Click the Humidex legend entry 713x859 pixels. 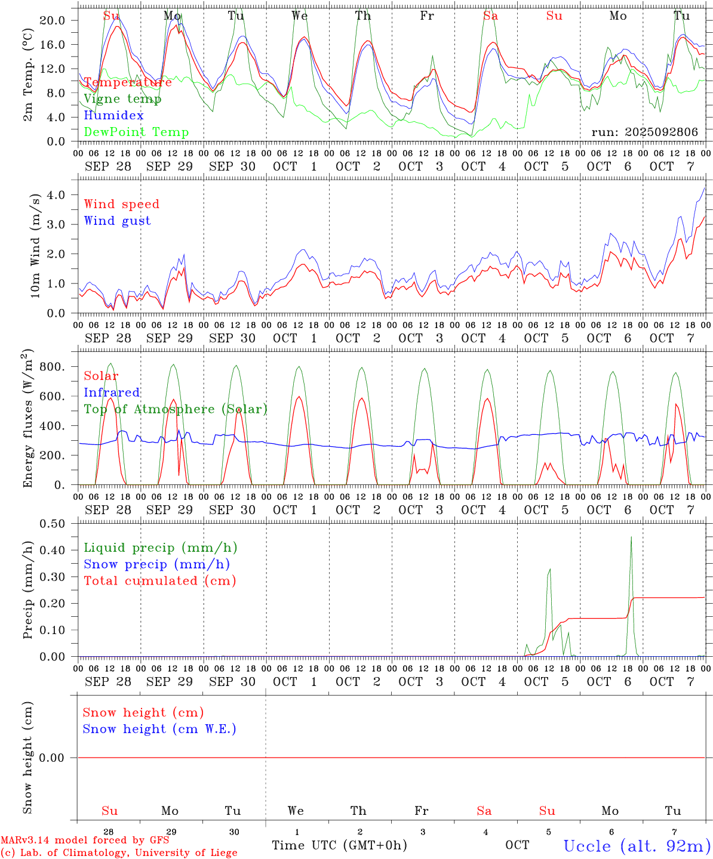point(113,116)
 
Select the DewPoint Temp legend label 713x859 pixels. point(136,132)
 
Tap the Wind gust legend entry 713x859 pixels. point(117,221)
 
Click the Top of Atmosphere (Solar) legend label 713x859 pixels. point(175,409)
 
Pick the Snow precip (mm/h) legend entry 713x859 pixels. point(156,564)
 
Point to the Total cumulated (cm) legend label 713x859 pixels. point(159,581)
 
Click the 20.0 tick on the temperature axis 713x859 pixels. point(52,20)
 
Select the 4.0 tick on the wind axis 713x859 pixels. point(57,195)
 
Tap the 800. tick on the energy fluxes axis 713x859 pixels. point(51,367)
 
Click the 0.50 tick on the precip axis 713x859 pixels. point(52,524)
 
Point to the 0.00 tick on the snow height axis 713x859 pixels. point(52,758)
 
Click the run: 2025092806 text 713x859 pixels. point(644,132)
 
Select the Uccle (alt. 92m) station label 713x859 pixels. point(637,846)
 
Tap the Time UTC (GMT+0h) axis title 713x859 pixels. point(339,845)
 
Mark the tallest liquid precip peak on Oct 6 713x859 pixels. point(631,537)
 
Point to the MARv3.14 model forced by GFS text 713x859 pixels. point(84,841)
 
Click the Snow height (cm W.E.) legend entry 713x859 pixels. point(159,729)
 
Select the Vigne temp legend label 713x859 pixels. point(122,99)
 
